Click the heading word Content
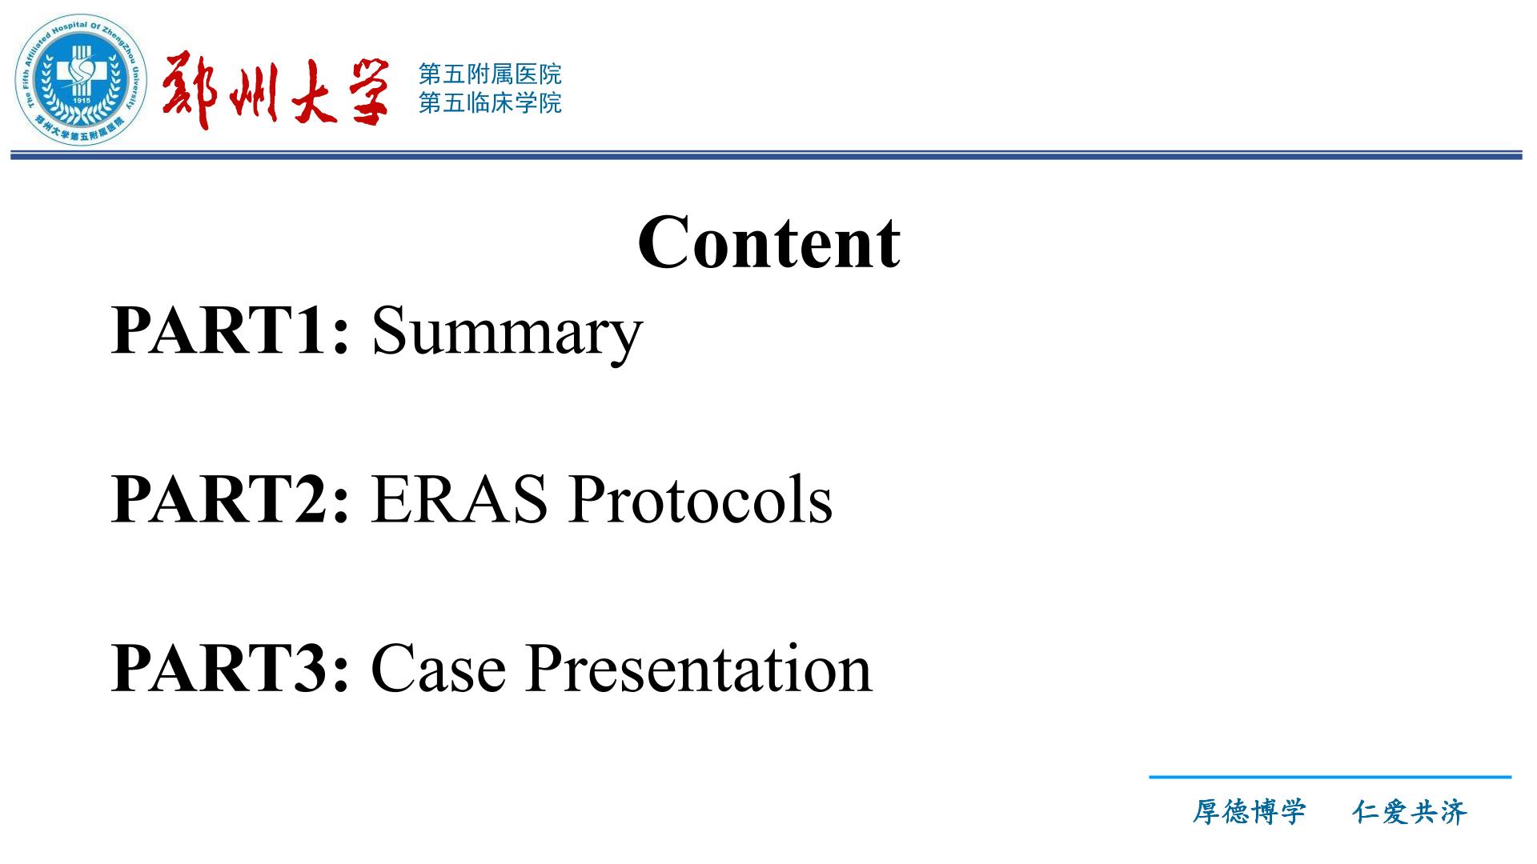pyautogui.click(x=768, y=242)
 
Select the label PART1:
pyautogui.click(x=231, y=330)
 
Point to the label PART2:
pyautogui.click(x=231, y=499)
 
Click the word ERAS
pyautogui.click(x=459, y=499)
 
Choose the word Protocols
pyautogui.click(x=700, y=499)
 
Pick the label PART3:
pyautogui.click(x=231, y=668)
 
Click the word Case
pyautogui.click(x=438, y=668)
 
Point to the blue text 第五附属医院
pyautogui.click(x=490, y=74)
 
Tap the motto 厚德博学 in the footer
pyautogui.click(x=1249, y=812)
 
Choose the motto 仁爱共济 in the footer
pyautogui.click(x=1410, y=812)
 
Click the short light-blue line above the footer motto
pyautogui.click(x=1330, y=777)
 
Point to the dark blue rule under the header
pyautogui.click(x=766, y=155)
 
